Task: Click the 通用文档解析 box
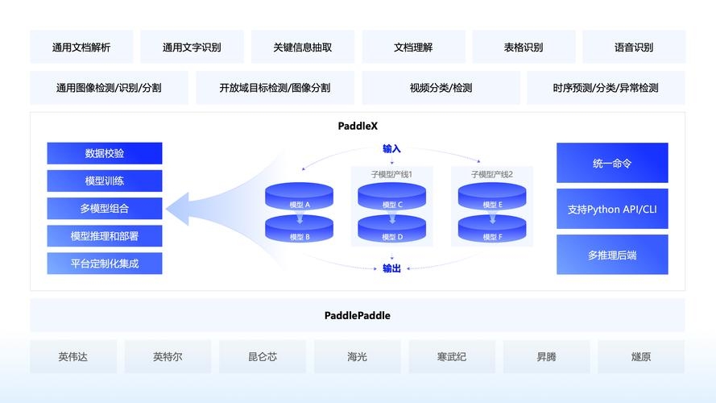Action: point(81,47)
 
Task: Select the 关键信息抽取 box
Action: point(303,47)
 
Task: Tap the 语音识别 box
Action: point(633,47)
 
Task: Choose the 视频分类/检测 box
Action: point(441,88)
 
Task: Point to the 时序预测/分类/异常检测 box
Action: point(606,88)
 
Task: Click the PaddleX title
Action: point(358,126)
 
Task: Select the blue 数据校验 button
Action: point(105,153)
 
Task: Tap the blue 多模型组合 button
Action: point(105,208)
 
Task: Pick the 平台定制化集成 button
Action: point(105,263)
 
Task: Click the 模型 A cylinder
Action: point(300,198)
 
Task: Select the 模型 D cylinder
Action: point(392,231)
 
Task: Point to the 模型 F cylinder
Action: point(491,231)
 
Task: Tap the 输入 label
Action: point(391,148)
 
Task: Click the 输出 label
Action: point(391,268)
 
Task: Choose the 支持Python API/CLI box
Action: point(612,209)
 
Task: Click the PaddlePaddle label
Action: point(358,316)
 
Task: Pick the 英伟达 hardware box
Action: point(73,356)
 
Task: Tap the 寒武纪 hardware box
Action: point(452,356)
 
